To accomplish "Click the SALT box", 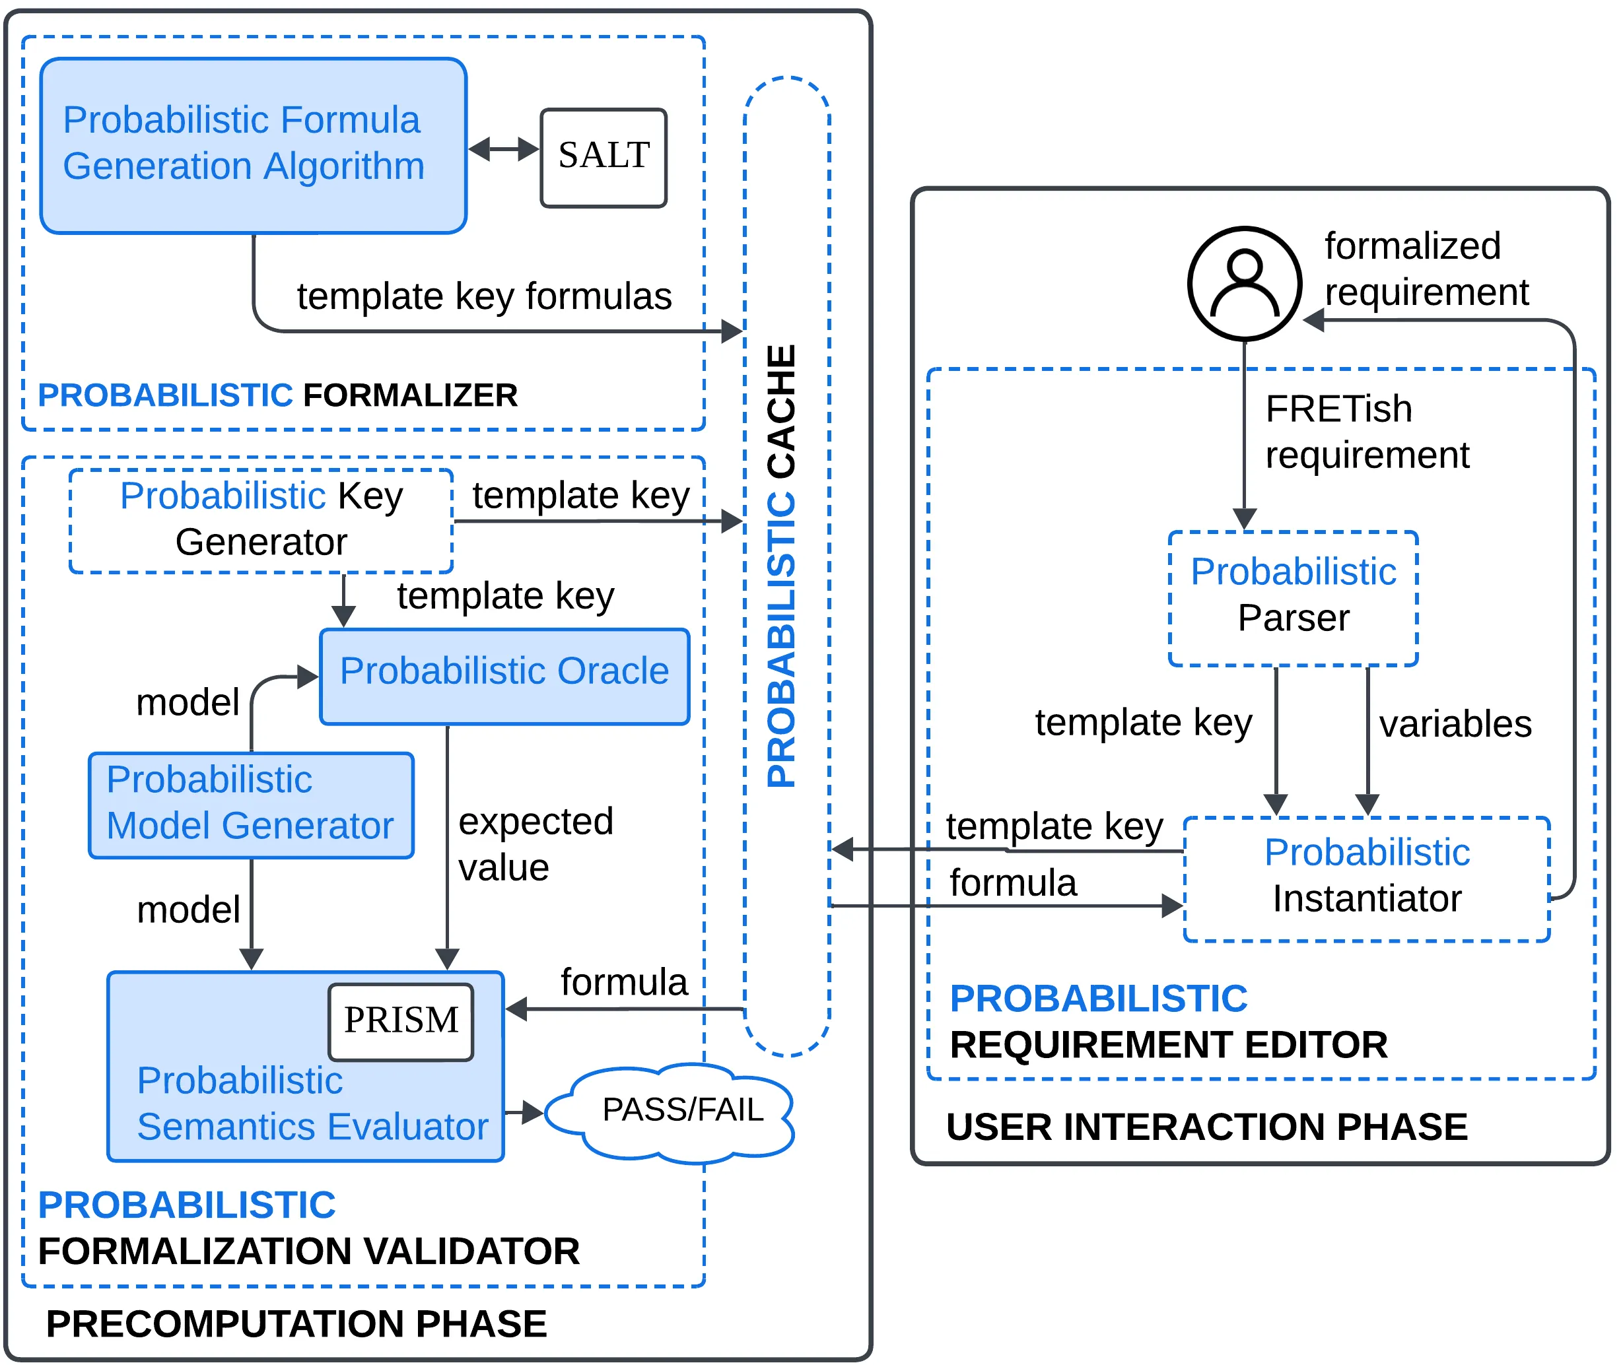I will point(603,157).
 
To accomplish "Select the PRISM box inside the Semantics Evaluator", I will point(400,1020).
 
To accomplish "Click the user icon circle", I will point(1244,283).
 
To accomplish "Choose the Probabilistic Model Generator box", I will point(251,805).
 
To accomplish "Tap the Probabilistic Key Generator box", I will point(261,520).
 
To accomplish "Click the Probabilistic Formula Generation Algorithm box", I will point(253,145).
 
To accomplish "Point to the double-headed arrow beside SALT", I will point(503,149).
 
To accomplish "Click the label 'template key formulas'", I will point(484,297).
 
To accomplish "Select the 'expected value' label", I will point(535,845).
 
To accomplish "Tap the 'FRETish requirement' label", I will point(1366,432).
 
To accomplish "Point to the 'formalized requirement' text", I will point(1426,269).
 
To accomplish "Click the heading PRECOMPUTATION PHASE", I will point(296,1324).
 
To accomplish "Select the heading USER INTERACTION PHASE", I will point(1206,1127).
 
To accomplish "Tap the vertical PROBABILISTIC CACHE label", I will point(781,566).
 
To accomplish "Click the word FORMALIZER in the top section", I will point(410,395).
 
